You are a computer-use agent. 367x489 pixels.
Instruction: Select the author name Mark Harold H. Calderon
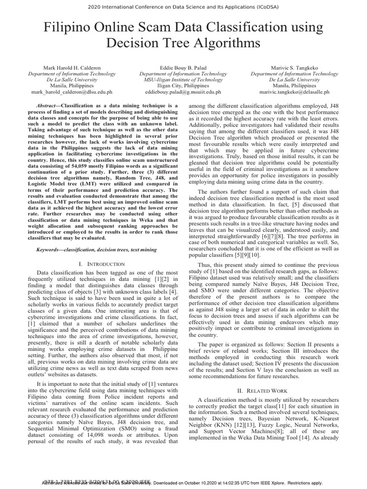click(x=72, y=68)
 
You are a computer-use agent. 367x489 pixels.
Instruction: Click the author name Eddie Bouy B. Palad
click(x=183, y=68)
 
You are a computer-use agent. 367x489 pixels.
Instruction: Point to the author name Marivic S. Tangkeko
click(x=294, y=68)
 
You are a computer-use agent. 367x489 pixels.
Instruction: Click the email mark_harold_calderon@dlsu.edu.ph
click(x=72, y=91)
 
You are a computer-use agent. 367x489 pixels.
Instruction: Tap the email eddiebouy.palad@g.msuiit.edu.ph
click(x=183, y=91)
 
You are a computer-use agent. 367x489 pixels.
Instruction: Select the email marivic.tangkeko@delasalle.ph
click(x=294, y=91)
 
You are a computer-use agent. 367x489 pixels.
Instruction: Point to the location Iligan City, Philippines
click(x=183, y=85)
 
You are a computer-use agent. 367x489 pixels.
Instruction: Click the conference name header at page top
click(x=183, y=7)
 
